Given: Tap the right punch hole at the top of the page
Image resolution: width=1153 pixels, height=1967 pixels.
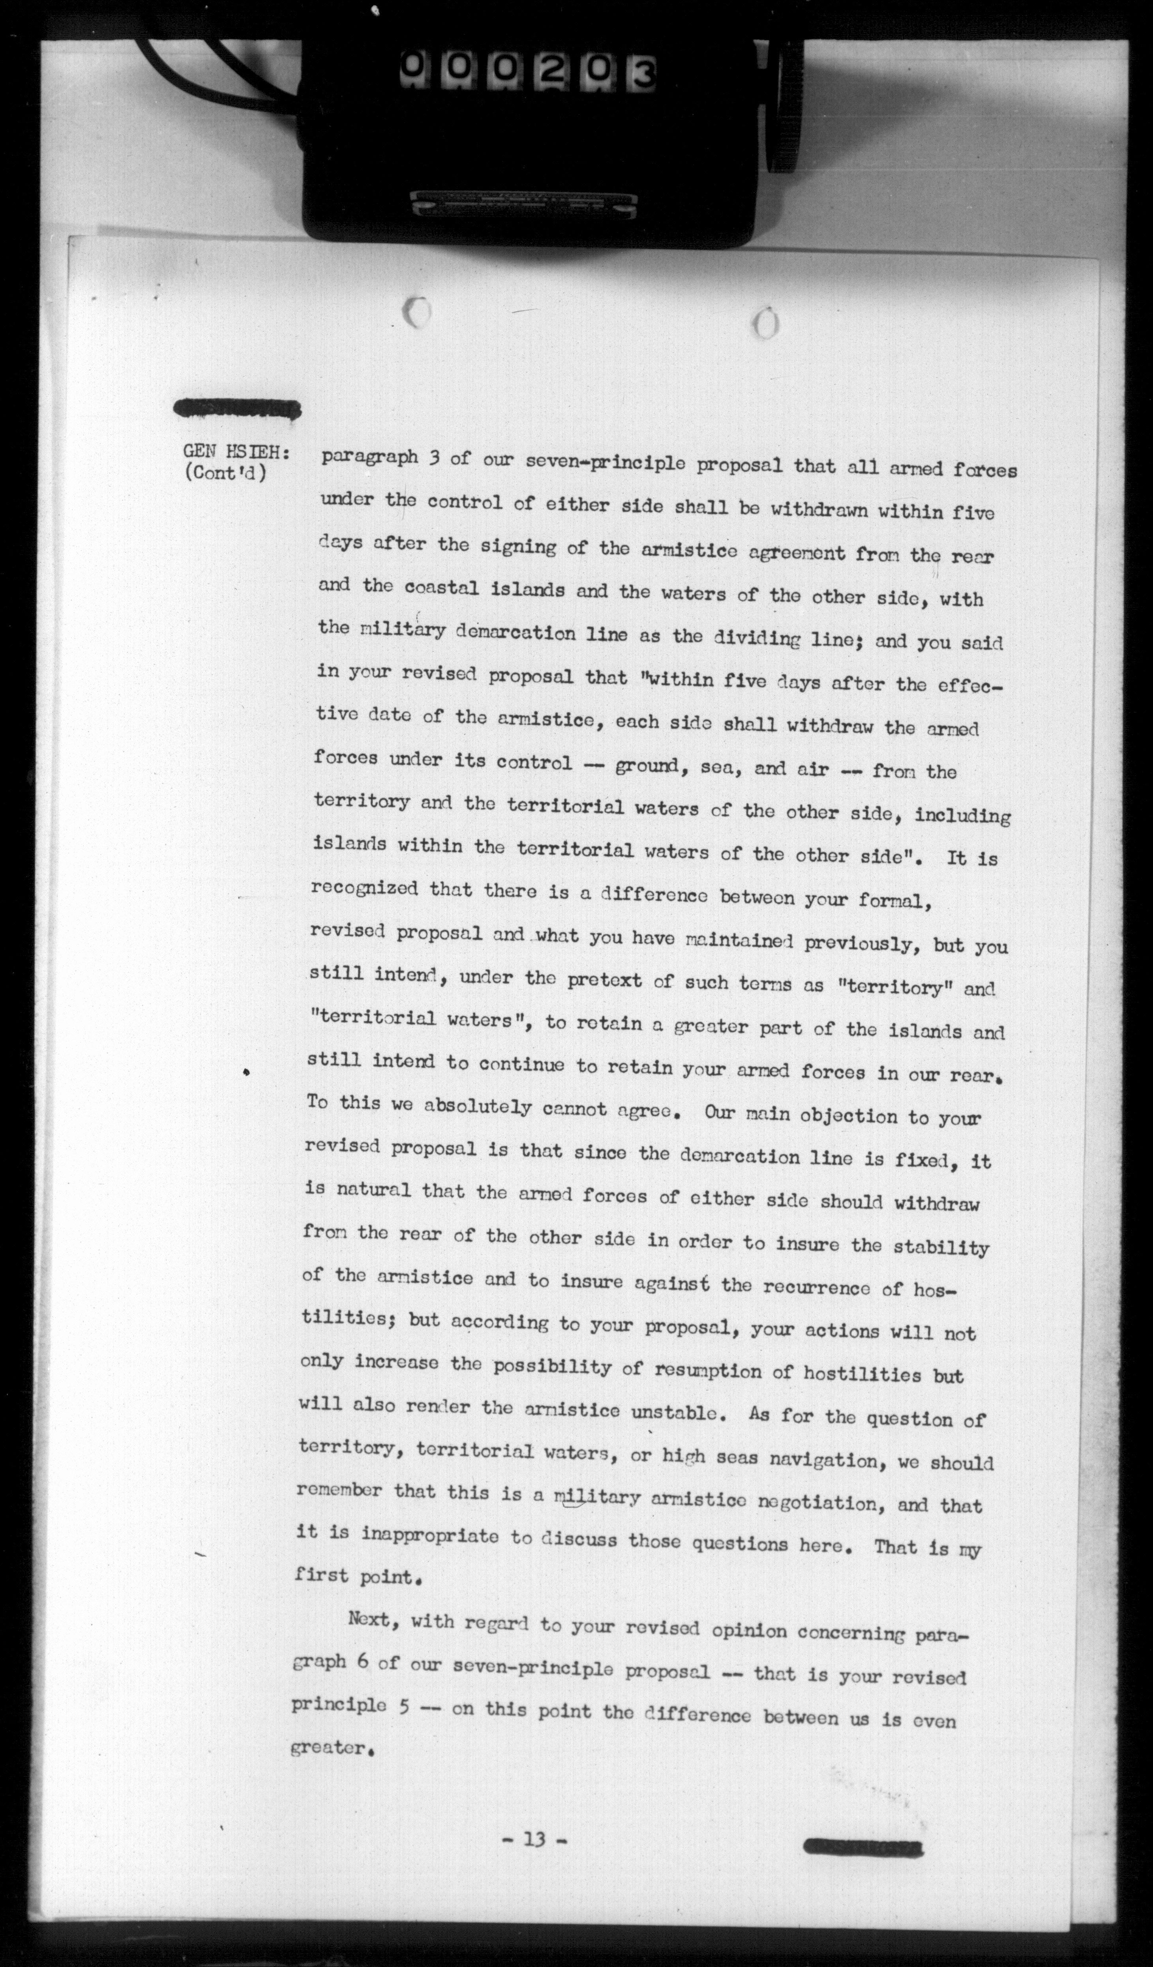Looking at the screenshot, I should pos(767,322).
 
